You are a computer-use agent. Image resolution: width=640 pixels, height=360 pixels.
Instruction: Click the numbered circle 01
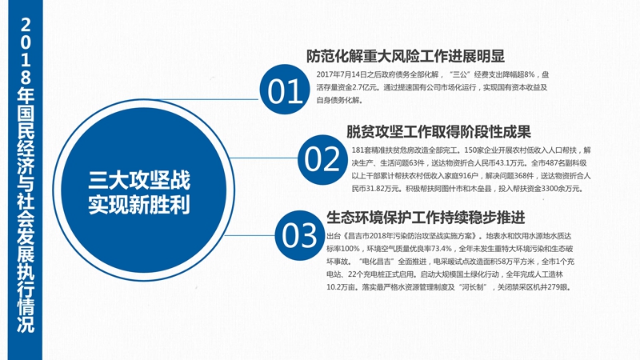(x=285, y=90)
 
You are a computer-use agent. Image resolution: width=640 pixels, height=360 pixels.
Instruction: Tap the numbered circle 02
(x=322, y=159)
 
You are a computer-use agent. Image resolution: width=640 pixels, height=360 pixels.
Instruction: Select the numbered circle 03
(x=299, y=234)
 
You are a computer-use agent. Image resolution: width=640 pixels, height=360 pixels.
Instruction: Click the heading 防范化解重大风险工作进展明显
(x=406, y=56)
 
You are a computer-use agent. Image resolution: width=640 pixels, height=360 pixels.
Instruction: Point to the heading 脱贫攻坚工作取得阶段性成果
(x=438, y=131)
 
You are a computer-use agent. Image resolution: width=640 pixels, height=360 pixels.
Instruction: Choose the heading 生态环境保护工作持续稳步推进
(x=426, y=218)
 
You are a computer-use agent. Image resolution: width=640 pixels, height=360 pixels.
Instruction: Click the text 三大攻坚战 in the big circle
(x=139, y=180)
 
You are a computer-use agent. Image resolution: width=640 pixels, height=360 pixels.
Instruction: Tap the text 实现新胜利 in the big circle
(x=139, y=205)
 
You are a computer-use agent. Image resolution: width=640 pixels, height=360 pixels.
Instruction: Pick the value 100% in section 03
(x=350, y=249)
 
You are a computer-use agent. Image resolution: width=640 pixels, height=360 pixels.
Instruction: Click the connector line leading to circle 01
(x=208, y=99)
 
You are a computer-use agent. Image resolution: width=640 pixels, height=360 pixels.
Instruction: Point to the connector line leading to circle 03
(x=250, y=235)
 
